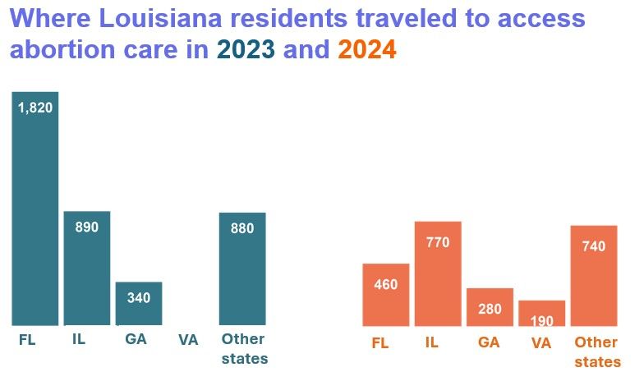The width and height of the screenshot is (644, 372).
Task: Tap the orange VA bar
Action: (541, 313)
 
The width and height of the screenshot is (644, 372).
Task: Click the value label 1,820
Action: (35, 108)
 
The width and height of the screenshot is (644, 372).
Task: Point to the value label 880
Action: (242, 229)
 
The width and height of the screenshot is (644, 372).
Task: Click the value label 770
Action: (438, 242)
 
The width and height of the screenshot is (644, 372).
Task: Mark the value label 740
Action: (594, 246)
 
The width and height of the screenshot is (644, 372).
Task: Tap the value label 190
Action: (541, 321)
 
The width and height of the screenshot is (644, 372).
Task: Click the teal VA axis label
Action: (189, 340)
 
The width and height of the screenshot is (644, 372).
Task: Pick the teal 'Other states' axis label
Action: (244, 349)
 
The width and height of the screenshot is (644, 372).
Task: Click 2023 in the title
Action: (246, 50)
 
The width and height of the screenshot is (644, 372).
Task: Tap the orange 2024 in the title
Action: (367, 50)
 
